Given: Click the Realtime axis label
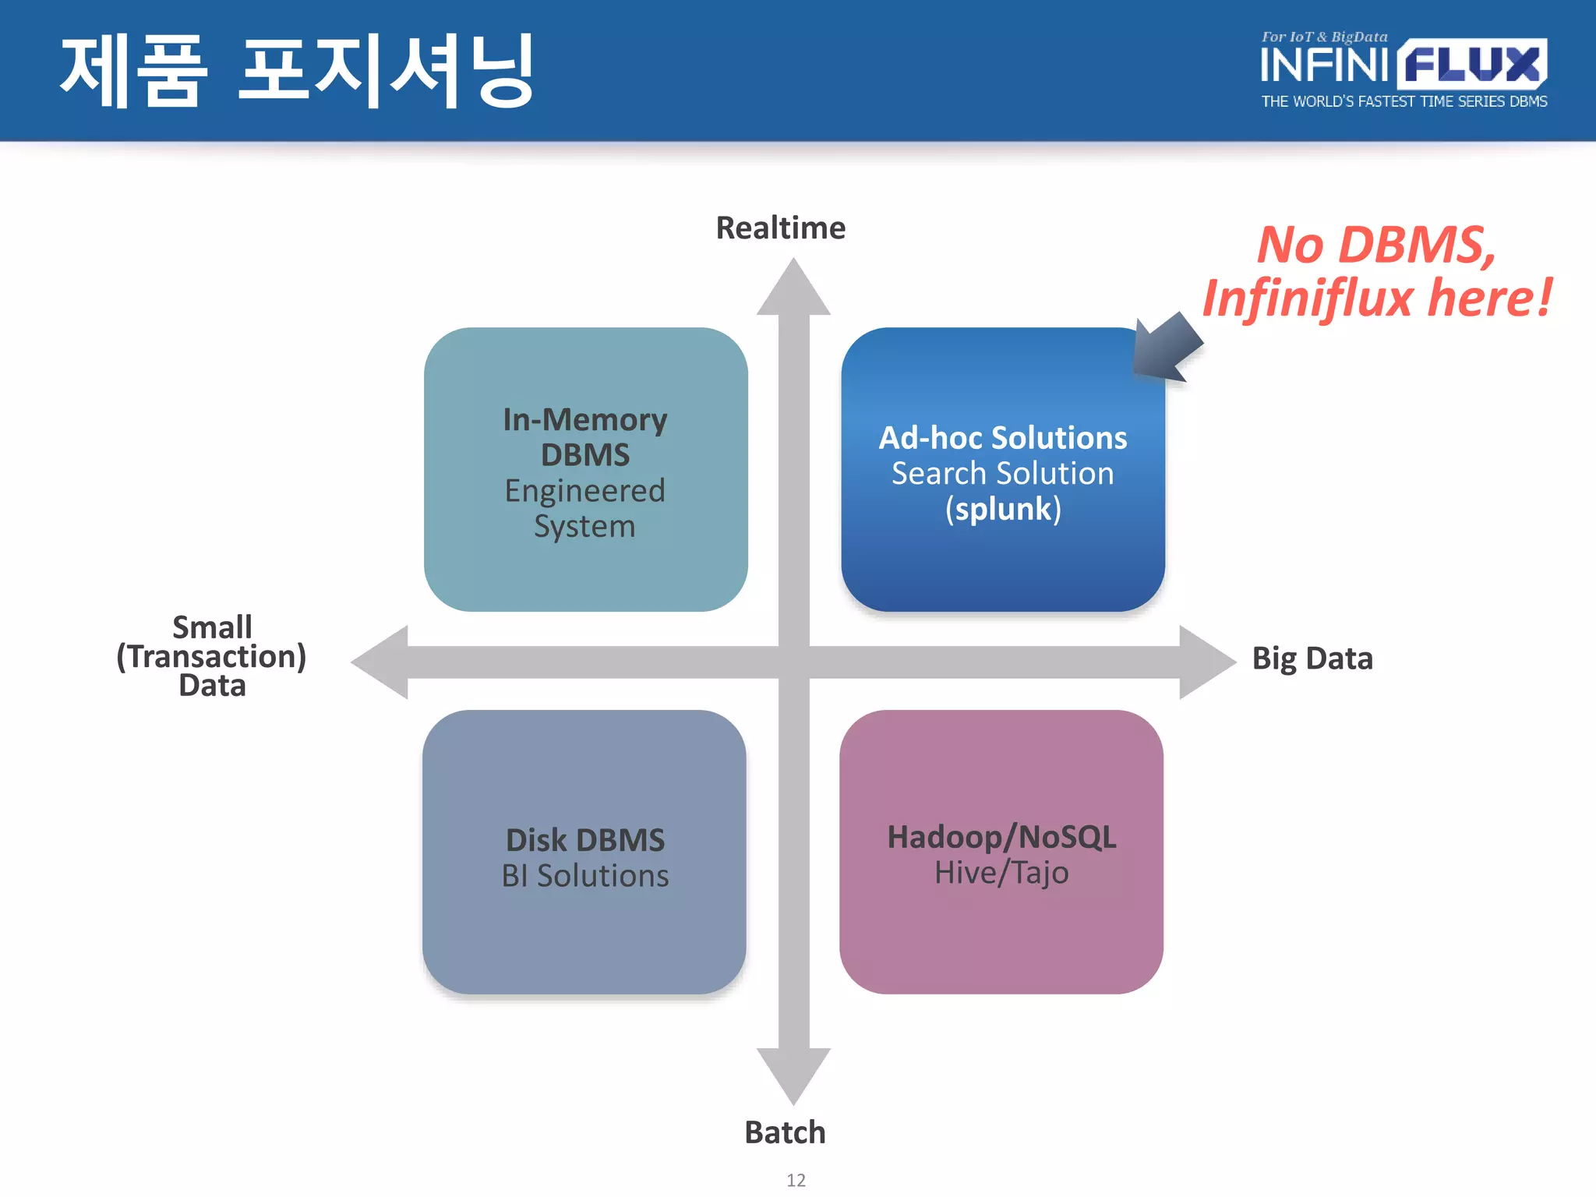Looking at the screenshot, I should pos(780,228).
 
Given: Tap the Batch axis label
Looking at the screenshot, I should pos(785,1132).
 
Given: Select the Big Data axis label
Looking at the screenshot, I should pos(1312,659).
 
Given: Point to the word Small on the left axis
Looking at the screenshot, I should pos(212,627).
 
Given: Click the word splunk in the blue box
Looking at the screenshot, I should pos(1003,510).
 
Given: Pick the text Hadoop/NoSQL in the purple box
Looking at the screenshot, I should pos(1001,838).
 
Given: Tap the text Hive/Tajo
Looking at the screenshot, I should pos(1001,874).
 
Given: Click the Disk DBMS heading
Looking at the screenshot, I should pos(585,840).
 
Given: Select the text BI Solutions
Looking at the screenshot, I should pos(585,876).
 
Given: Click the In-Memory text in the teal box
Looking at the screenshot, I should pos(585,420).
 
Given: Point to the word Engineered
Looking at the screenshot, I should pos(585,491).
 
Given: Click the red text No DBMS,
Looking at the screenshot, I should pos(1376,245).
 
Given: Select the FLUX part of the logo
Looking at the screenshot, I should pos(1472,65).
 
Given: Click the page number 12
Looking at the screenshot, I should pos(796,1180).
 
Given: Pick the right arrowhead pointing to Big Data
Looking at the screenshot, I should pos(1206,662).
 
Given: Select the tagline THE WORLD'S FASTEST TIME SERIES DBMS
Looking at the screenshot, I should pos(1404,102).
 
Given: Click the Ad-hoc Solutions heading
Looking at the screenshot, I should pos(1003,438).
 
